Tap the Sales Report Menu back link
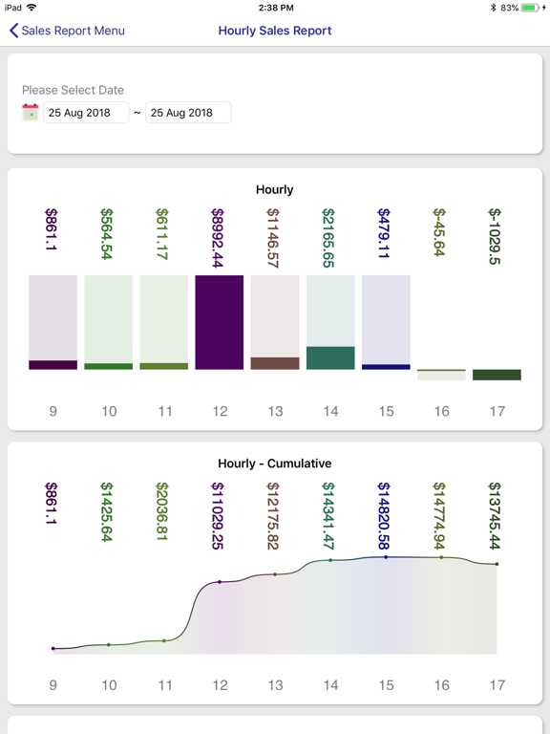click(x=67, y=31)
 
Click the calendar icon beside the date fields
click(x=31, y=113)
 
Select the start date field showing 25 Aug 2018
click(x=86, y=113)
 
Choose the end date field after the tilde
click(x=188, y=113)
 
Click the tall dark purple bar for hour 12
click(x=220, y=322)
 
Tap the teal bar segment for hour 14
click(x=330, y=358)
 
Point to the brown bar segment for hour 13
click(x=275, y=363)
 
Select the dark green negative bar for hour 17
click(x=497, y=375)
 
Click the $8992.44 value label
click(x=218, y=238)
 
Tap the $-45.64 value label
click(x=439, y=232)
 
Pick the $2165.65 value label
click(x=328, y=238)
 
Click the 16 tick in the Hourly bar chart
click(x=441, y=412)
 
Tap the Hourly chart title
click(x=275, y=189)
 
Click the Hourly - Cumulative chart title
click(x=275, y=464)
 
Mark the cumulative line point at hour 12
click(x=220, y=582)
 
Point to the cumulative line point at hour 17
click(x=497, y=564)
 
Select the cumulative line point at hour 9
click(x=53, y=648)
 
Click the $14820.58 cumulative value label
click(x=384, y=515)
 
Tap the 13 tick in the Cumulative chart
click(x=275, y=685)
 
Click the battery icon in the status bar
click(x=530, y=8)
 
